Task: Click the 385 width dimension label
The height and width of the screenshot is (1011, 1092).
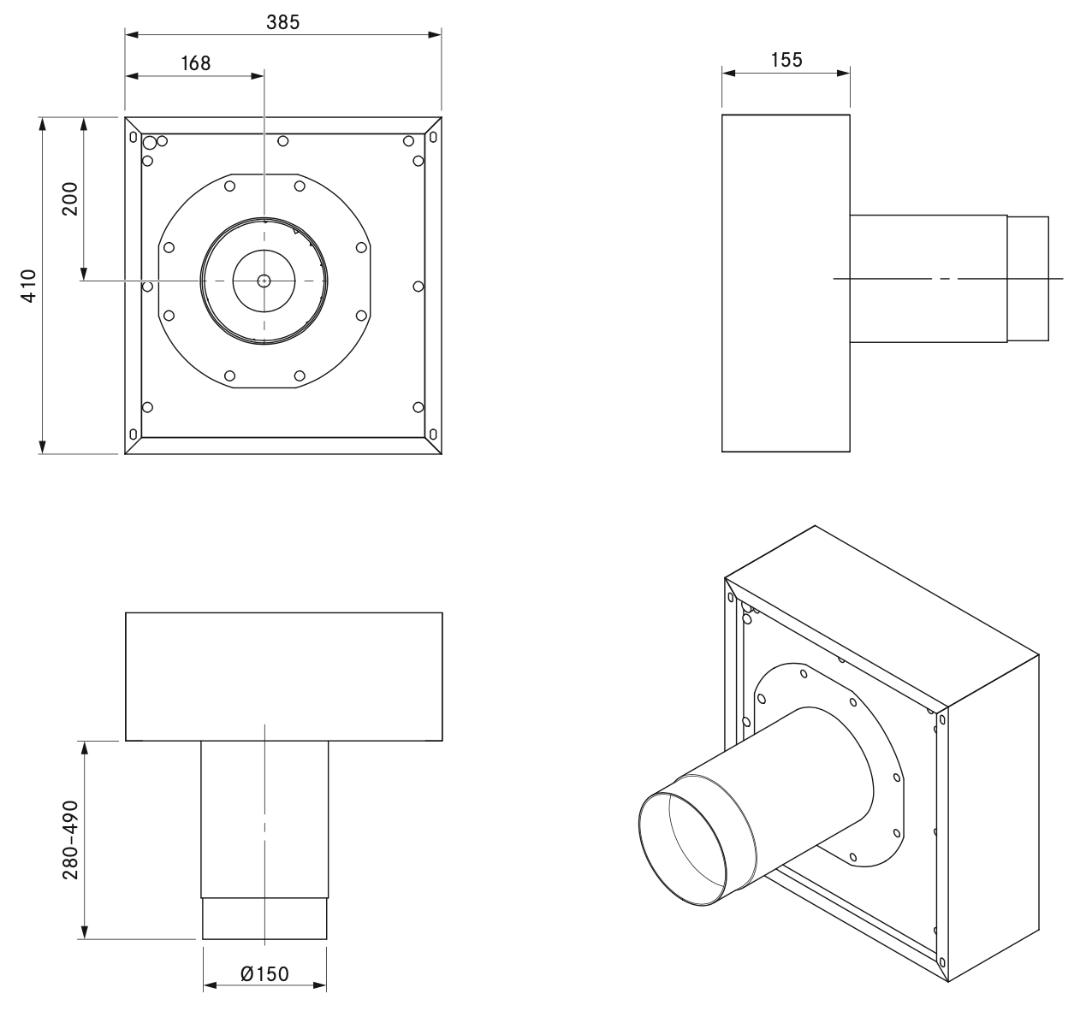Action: [x=282, y=23]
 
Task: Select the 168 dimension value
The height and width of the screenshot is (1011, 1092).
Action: [x=196, y=62]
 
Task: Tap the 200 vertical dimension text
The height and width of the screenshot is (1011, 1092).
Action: [x=69, y=198]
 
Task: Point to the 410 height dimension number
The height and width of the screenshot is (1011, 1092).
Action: [x=29, y=285]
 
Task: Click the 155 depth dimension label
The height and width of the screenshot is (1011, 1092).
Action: [x=786, y=60]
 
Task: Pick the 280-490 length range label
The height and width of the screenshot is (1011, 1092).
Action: [x=69, y=840]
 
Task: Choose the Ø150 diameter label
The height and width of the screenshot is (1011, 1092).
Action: [x=264, y=973]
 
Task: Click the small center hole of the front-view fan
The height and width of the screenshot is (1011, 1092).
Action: [x=264, y=281]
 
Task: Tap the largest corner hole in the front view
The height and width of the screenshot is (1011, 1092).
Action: [x=150, y=142]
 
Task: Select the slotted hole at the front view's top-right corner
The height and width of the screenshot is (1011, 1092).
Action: [x=434, y=136]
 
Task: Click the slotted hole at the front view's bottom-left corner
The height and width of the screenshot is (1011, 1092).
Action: [x=132, y=435]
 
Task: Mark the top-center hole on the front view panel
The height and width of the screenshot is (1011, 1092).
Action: [x=283, y=140]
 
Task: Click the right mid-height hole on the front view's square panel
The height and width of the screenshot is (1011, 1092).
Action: [x=418, y=286]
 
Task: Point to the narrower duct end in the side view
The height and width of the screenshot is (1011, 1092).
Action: [x=1027, y=278]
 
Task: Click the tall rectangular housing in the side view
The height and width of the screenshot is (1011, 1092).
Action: [x=786, y=282]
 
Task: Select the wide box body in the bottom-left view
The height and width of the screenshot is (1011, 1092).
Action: [x=283, y=676]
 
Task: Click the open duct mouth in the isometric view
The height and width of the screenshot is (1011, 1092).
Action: [x=685, y=847]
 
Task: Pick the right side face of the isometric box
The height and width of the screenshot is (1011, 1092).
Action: [x=993, y=821]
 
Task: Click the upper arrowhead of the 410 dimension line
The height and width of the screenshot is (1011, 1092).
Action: [x=42, y=124]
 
